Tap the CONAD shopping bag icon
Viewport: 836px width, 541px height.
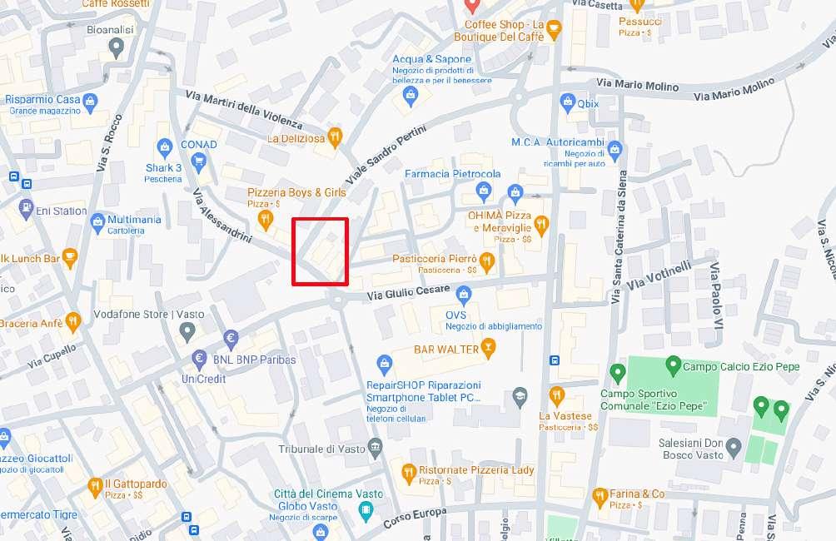(165, 147)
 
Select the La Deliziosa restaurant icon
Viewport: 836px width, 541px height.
(335, 136)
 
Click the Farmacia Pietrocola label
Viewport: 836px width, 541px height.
(452, 174)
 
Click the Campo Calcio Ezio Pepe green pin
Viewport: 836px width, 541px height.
(673, 365)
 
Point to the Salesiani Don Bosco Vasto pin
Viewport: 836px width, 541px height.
(733, 449)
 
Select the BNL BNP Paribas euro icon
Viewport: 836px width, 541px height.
(199, 359)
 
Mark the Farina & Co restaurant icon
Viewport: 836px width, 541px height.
(600, 497)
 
